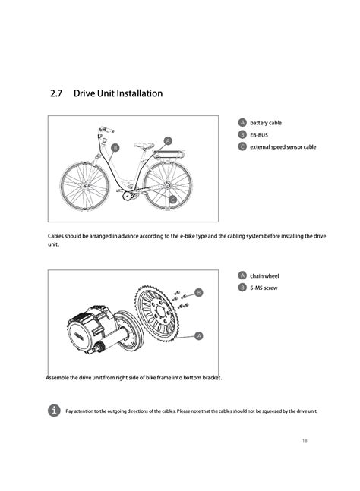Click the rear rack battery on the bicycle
pos(169,154)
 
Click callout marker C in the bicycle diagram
pos(173,199)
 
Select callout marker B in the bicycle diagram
pos(115,147)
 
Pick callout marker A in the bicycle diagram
pos(168,140)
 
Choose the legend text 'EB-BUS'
pos(260,134)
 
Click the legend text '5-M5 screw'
pos(264,288)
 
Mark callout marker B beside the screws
pos(199,292)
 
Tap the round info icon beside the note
pos(53,410)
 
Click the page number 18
pos(304,440)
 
